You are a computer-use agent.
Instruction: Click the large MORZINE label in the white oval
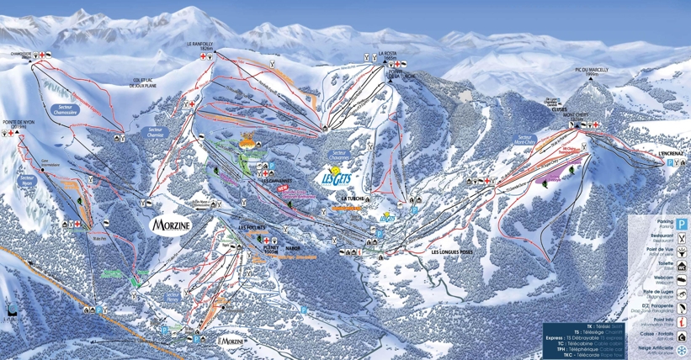tap(173, 225)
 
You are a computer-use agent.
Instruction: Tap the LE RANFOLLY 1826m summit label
tap(203, 45)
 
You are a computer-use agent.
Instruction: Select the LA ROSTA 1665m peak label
tap(387, 56)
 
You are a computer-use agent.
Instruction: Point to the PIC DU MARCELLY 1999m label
tap(585, 70)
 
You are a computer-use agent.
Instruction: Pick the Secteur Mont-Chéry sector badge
tap(528, 139)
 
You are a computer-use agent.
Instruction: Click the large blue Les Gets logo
tap(338, 177)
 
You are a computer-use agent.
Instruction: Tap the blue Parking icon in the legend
tap(682, 225)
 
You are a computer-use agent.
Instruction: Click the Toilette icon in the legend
tap(682, 266)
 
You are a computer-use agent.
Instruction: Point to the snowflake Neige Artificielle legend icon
tap(682, 350)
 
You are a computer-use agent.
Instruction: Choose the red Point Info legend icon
tap(682, 322)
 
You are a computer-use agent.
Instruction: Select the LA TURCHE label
tap(352, 199)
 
